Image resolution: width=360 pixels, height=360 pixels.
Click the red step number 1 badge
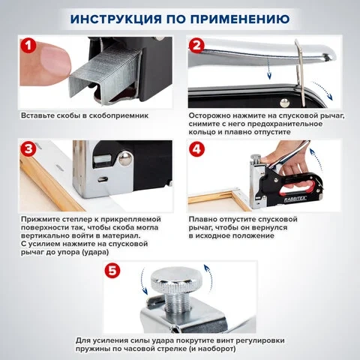click(x=28, y=45)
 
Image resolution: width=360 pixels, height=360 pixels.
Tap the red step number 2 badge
click(x=196, y=45)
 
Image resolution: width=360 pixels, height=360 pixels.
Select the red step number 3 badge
click(x=28, y=148)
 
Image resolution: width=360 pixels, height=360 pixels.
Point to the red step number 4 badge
click(x=196, y=149)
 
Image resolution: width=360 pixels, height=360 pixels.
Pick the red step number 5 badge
click(x=112, y=270)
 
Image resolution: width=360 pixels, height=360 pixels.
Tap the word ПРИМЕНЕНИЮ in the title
click(x=240, y=19)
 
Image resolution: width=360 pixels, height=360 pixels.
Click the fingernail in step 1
click(x=55, y=59)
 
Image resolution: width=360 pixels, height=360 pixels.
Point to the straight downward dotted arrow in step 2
click(x=268, y=67)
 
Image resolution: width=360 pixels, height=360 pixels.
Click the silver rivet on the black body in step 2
click(x=284, y=103)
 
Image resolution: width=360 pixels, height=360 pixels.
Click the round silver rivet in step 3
click(x=125, y=158)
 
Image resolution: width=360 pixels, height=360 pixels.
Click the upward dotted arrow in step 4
click(x=316, y=159)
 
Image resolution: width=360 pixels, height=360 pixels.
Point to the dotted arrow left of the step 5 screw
click(x=143, y=281)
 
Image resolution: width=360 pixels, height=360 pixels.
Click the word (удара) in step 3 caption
click(x=95, y=252)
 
